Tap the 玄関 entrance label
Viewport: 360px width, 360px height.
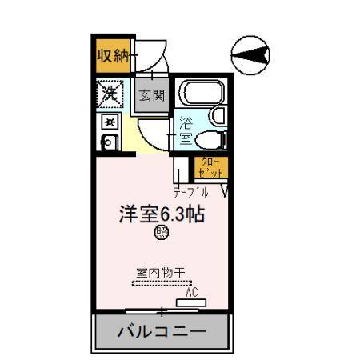click(151, 96)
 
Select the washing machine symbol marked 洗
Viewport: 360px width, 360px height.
click(108, 94)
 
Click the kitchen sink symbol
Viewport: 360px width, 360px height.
click(108, 142)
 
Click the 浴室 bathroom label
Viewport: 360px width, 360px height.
click(185, 130)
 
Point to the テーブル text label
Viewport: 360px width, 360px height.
click(191, 192)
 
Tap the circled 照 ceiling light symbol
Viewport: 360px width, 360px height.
click(161, 233)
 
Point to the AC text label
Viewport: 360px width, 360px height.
click(191, 292)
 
